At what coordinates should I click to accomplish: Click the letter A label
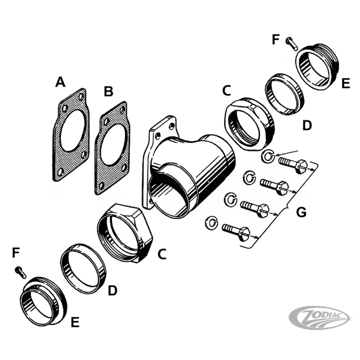(x=60, y=82)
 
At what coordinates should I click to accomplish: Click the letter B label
(x=108, y=92)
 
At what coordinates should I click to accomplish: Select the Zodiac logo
(x=320, y=318)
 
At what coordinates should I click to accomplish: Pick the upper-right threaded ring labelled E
(x=317, y=67)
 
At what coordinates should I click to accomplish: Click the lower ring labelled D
(x=83, y=268)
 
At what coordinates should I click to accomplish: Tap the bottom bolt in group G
(x=236, y=232)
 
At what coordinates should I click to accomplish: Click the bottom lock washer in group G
(x=212, y=221)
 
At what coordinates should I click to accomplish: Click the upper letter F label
(x=276, y=40)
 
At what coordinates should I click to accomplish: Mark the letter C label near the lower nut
(x=162, y=254)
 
